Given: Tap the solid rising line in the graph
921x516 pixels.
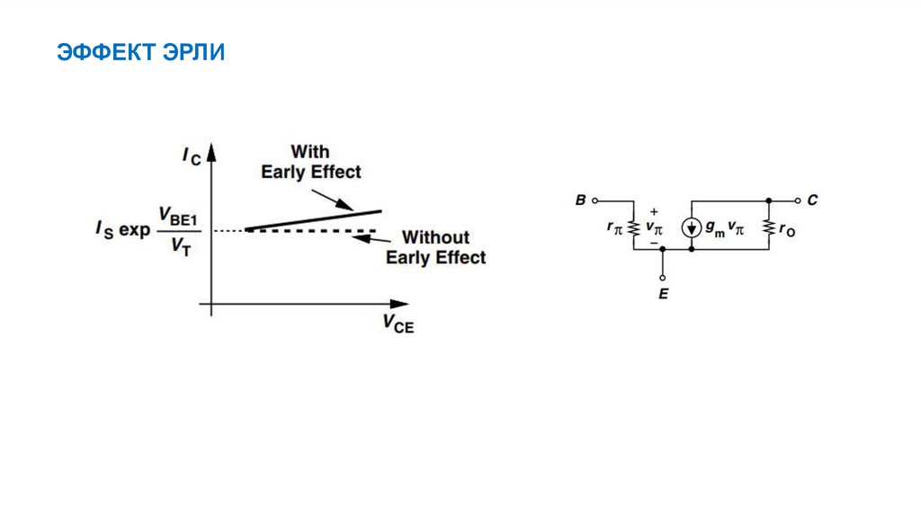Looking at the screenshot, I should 313,220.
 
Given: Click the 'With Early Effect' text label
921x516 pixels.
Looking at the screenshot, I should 310,161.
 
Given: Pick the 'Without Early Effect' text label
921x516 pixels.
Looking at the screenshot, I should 435,247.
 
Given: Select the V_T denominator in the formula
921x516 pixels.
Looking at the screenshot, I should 180,249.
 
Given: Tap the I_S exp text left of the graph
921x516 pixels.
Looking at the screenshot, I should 123,231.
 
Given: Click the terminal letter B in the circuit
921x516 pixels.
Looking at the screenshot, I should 580,200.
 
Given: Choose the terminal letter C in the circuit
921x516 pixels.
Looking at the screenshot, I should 812,200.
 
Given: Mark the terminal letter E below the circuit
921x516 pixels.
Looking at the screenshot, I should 663,293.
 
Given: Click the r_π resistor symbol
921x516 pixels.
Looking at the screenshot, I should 633,228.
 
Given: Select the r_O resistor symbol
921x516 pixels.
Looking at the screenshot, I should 770,228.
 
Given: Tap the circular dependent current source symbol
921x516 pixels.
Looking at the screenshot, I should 691,228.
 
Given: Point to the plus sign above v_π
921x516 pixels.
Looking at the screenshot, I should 653,212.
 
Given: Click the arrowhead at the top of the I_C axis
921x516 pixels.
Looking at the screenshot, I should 211,153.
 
